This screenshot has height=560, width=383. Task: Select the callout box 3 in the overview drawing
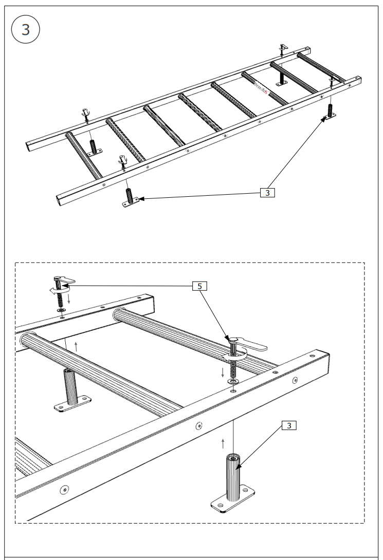pos(267,193)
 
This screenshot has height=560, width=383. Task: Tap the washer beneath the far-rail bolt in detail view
pos(60,311)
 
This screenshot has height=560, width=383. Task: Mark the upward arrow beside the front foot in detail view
pos(223,443)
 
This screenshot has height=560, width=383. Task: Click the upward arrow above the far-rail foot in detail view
pos(76,345)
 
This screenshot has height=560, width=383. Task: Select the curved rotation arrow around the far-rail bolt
pos(53,291)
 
